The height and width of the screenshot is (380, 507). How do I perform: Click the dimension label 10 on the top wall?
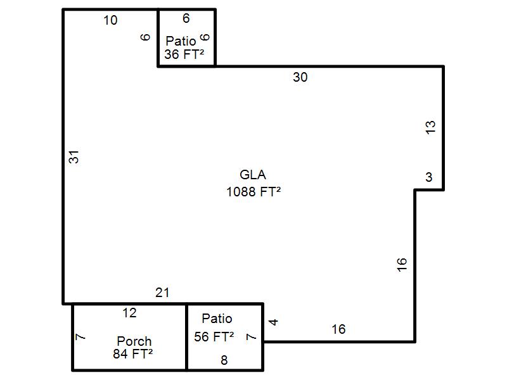(x=110, y=20)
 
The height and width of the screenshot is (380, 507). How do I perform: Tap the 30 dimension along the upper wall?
(x=300, y=77)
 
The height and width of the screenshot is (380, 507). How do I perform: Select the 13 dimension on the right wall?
(x=430, y=127)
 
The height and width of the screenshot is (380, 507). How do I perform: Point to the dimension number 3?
(x=429, y=177)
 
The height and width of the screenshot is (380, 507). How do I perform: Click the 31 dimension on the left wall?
(x=74, y=157)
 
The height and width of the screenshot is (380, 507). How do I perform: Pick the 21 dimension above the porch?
(x=163, y=293)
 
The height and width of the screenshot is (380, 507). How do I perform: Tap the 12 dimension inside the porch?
(x=129, y=313)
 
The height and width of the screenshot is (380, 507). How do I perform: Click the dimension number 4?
(x=273, y=322)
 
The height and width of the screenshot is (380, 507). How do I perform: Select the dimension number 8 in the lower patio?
(x=224, y=360)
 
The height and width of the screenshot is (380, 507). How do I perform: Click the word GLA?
(x=253, y=175)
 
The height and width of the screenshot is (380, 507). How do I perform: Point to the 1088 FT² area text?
(x=253, y=192)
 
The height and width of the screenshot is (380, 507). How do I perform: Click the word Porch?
(x=134, y=341)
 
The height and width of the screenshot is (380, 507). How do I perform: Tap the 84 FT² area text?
(x=133, y=354)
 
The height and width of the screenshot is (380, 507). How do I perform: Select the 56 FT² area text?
(x=214, y=336)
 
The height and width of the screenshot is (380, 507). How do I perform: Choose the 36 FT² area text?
(x=184, y=54)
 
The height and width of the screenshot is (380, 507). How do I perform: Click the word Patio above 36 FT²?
(x=181, y=41)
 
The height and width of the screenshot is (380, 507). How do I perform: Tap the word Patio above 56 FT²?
(x=217, y=319)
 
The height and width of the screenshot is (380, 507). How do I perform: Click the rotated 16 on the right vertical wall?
(x=402, y=265)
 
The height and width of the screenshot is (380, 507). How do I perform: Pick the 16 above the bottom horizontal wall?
(x=338, y=329)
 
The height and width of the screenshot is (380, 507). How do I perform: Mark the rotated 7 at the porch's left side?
(x=80, y=337)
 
